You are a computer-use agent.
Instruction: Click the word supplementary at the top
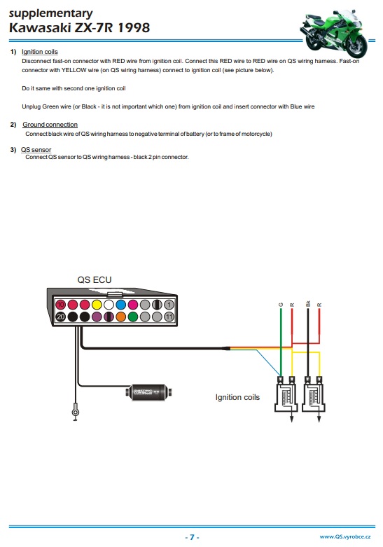[51, 13]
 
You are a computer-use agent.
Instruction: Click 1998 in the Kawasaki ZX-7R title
[134, 27]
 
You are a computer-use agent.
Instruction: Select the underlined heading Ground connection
[50, 125]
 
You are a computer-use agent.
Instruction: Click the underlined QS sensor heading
[36, 150]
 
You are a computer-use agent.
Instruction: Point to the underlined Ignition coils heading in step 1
[40, 52]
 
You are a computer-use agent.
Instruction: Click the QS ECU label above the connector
[95, 279]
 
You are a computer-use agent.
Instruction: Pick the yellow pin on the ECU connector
[97, 305]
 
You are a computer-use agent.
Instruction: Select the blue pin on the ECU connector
[120, 305]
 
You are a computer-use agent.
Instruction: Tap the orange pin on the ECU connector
[120, 317]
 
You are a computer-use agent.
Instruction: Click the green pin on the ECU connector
[133, 317]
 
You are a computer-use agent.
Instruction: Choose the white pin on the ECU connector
[109, 305]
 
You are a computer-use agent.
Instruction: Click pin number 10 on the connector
[61, 305]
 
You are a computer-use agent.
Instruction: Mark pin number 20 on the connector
[61, 317]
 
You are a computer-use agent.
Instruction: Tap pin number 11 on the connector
[169, 317]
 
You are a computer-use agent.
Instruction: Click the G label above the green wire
[281, 305]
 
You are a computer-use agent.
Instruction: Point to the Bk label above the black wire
[307, 303]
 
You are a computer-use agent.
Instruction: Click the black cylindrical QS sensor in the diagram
[149, 392]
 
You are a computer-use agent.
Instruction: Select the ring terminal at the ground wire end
[75, 413]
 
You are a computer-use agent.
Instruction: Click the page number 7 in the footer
[192, 537]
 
